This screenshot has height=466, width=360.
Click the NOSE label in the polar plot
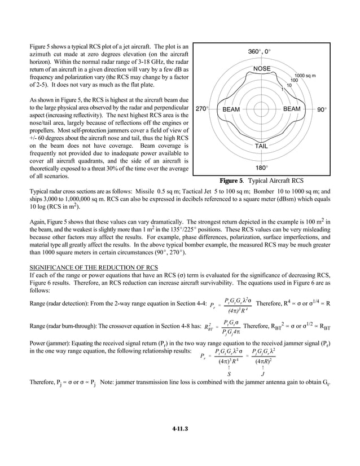click(x=261, y=69)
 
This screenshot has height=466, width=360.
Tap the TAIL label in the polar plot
click(x=261, y=146)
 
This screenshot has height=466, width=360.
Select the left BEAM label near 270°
click(x=231, y=108)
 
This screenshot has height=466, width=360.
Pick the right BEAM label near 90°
click(x=292, y=108)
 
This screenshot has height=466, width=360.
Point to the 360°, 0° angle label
click(x=260, y=51)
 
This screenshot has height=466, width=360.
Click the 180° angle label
click(x=261, y=168)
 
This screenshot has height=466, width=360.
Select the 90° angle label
click(x=321, y=108)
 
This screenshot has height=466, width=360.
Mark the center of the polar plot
click(x=261, y=108)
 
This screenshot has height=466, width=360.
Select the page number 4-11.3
click(x=180, y=429)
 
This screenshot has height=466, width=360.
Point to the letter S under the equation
click(x=229, y=373)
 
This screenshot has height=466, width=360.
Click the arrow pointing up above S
click(x=229, y=366)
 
